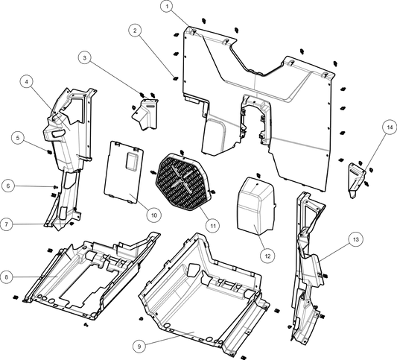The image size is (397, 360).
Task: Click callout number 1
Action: pyautogui.click(x=167, y=6)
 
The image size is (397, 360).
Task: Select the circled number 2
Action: pyautogui.click(x=134, y=31)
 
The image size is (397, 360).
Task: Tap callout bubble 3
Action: pyautogui.click(x=85, y=57)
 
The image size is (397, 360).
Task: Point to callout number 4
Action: pyautogui.click(x=26, y=81)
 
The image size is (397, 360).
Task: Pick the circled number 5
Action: pyautogui.click(x=17, y=137)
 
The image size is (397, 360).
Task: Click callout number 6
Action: pyautogui.click(x=7, y=186)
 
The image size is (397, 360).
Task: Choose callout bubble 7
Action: pyautogui.click(x=6, y=224)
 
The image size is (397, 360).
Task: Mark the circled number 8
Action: pyautogui.click(x=6, y=277)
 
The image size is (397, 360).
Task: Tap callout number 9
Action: pyautogui.click(x=138, y=347)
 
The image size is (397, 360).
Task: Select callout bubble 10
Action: pyautogui.click(x=153, y=215)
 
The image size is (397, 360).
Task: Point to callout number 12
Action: pyautogui.click(x=266, y=256)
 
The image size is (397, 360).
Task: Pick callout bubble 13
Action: pyautogui.click(x=355, y=239)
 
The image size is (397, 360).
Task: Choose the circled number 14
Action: pyautogui.click(x=388, y=127)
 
